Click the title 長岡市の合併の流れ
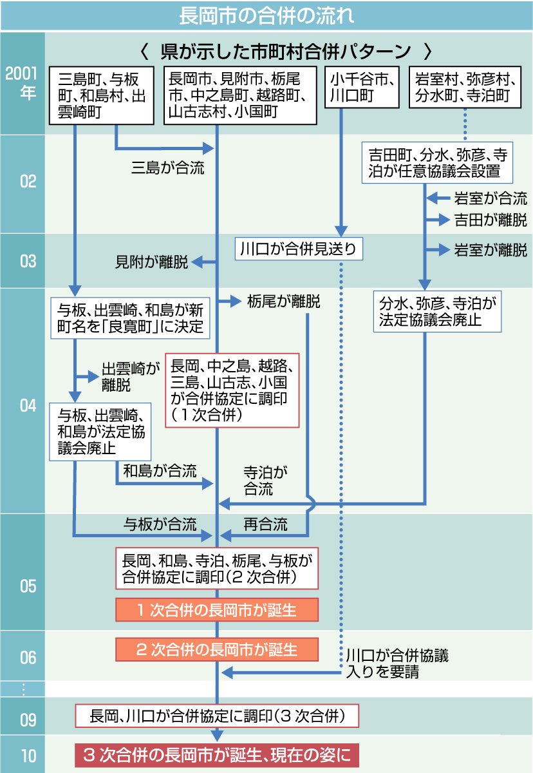[266, 14]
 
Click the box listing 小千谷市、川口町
[361, 88]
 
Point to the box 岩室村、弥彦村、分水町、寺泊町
[465, 88]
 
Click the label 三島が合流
[167, 169]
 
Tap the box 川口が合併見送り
[298, 248]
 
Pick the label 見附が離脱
[152, 262]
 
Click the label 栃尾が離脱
[283, 301]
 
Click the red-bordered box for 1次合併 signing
[232, 390]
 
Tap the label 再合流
[265, 524]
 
